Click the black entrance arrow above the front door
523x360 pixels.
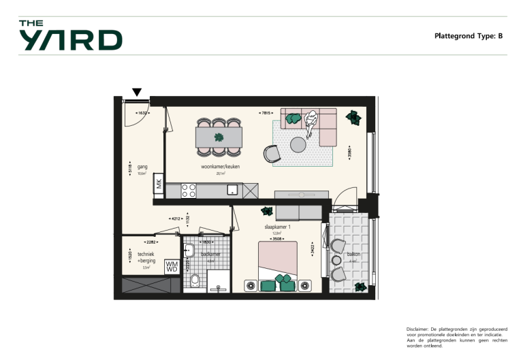[137, 92]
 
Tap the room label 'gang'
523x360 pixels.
[142, 166]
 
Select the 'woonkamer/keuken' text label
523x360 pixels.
[220, 166]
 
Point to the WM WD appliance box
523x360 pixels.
[172, 267]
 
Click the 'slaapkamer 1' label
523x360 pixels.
[277, 227]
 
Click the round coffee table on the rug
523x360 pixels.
[298, 144]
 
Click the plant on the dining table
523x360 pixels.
[219, 137]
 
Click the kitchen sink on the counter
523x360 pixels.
[233, 190]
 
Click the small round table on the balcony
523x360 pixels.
[336, 259]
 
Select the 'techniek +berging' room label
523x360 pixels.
[146, 257]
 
